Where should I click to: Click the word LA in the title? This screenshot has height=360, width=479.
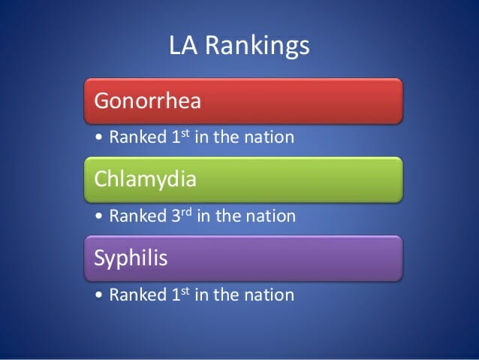[x=183, y=45]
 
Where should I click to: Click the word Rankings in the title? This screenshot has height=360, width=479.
[x=258, y=47]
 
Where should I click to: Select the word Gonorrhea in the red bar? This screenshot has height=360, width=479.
[x=148, y=101]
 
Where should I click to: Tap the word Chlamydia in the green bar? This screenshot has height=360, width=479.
[x=145, y=180]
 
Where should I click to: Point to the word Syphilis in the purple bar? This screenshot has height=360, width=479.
[x=131, y=259]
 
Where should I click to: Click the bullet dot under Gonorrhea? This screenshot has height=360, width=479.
[x=98, y=137]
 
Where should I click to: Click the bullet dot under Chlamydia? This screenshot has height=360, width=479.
[x=98, y=216]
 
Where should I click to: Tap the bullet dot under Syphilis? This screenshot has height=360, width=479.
[x=98, y=295]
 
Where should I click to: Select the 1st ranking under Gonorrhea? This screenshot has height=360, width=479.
[x=180, y=137]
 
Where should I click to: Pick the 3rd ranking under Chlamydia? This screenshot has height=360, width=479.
[x=182, y=216]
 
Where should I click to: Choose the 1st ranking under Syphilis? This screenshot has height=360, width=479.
[x=180, y=295]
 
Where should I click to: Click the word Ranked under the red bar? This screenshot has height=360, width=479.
[x=138, y=137]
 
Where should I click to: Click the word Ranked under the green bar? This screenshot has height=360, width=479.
[x=138, y=216]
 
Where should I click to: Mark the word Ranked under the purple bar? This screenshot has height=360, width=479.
[x=138, y=295]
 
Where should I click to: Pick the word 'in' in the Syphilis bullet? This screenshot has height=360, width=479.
[x=201, y=295]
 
